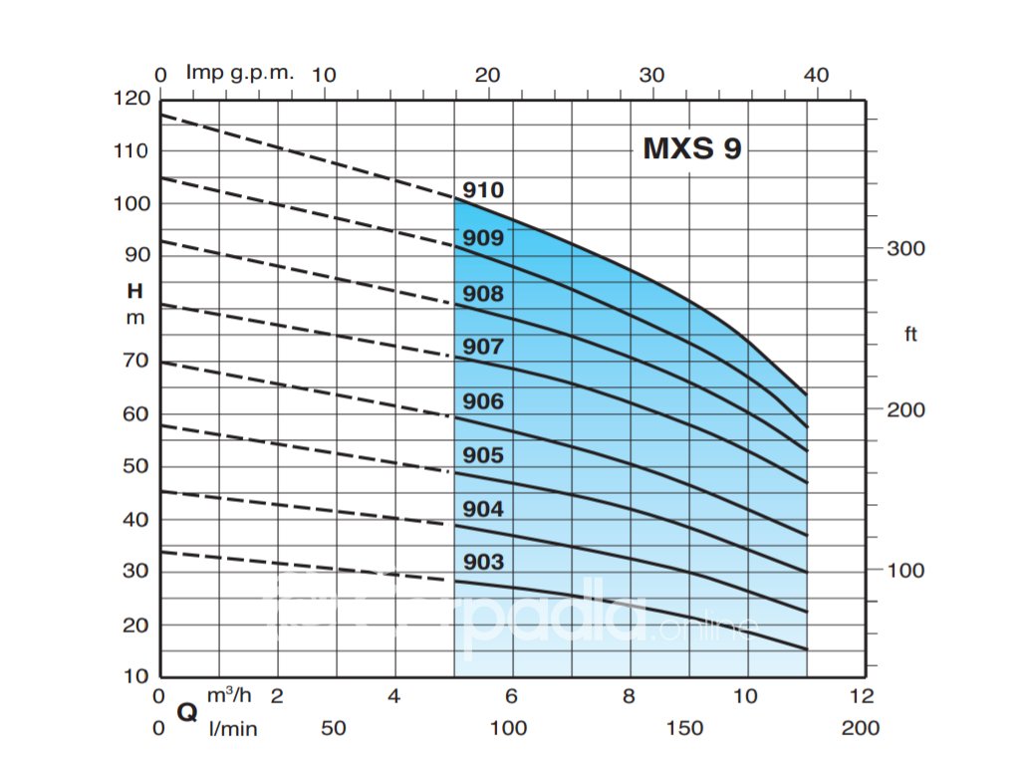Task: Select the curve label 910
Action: pyautogui.click(x=483, y=190)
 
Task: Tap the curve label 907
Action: pyautogui.click(x=483, y=347)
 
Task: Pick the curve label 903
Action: pyautogui.click(x=483, y=562)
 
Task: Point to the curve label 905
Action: pyautogui.click(x=483, y=455)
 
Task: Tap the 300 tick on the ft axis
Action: pyautogui.click(x=906, y=248)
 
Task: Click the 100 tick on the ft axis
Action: pyautogui.click(x=906, y=571)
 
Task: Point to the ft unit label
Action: pyautogui.click(x=910, y=334)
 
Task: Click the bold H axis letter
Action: pyautogui.click(x=134, y=292)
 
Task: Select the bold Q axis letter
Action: pyautogui.click(x=186, y=712)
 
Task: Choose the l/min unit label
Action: pyautogui.click(x=232, y=729)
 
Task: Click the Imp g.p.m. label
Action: pyautogui.click(x=240, y=73)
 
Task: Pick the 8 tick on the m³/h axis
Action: pyautogui.click(x=630, y=695)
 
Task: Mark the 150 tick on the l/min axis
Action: pyautogui.click(x=684, y=728)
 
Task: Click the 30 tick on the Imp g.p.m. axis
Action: pyautogui.click(x=651, y=75)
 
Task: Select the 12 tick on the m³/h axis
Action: pyautogui.click(x=863, y=695)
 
